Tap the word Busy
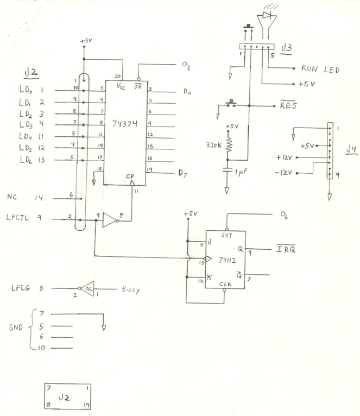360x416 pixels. pyautogui.click(x=130, y=290)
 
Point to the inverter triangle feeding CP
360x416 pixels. pyautogui.click(x=110, y=219)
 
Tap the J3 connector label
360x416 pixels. pyautogui.click(x=289, y=48)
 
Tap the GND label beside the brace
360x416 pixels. pyautogui.click(x=17, y=329)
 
